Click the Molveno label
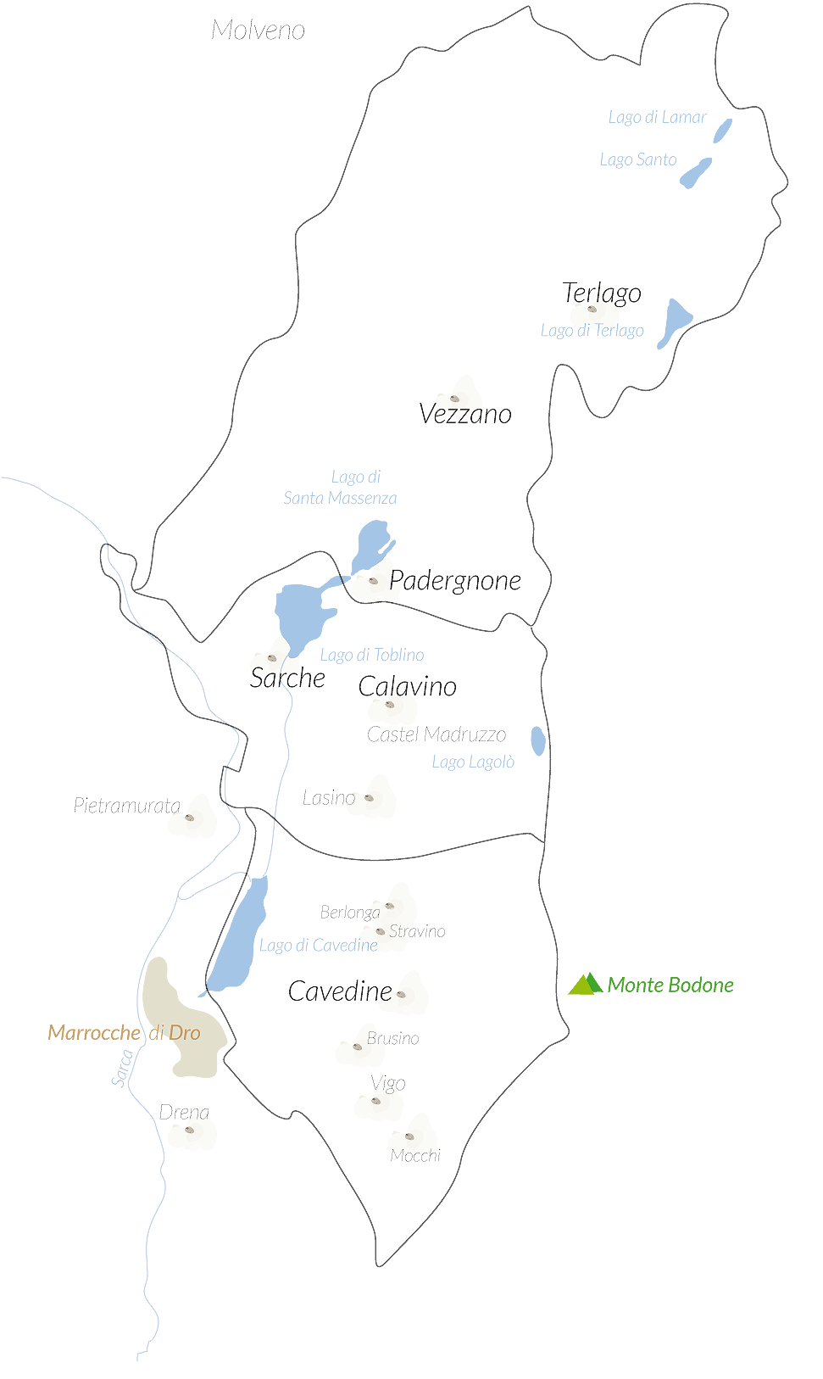(258, 31)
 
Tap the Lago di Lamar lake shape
(722, 131)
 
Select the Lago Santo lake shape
(696, 173)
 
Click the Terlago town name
(602, 293)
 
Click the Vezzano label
(465, 414)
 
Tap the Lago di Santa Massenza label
(341, 488)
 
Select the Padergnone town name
(455, 580)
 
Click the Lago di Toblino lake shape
(301, 615)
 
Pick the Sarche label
(287, 678)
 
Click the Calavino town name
(407, 686)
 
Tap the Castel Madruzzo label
(437, 734)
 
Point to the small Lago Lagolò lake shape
(538, 740)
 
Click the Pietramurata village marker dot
(189, 818)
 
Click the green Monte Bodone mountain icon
(585, 984)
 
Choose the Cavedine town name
(340, 991)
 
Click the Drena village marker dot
(189, 1130)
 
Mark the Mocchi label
(415, 1155)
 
